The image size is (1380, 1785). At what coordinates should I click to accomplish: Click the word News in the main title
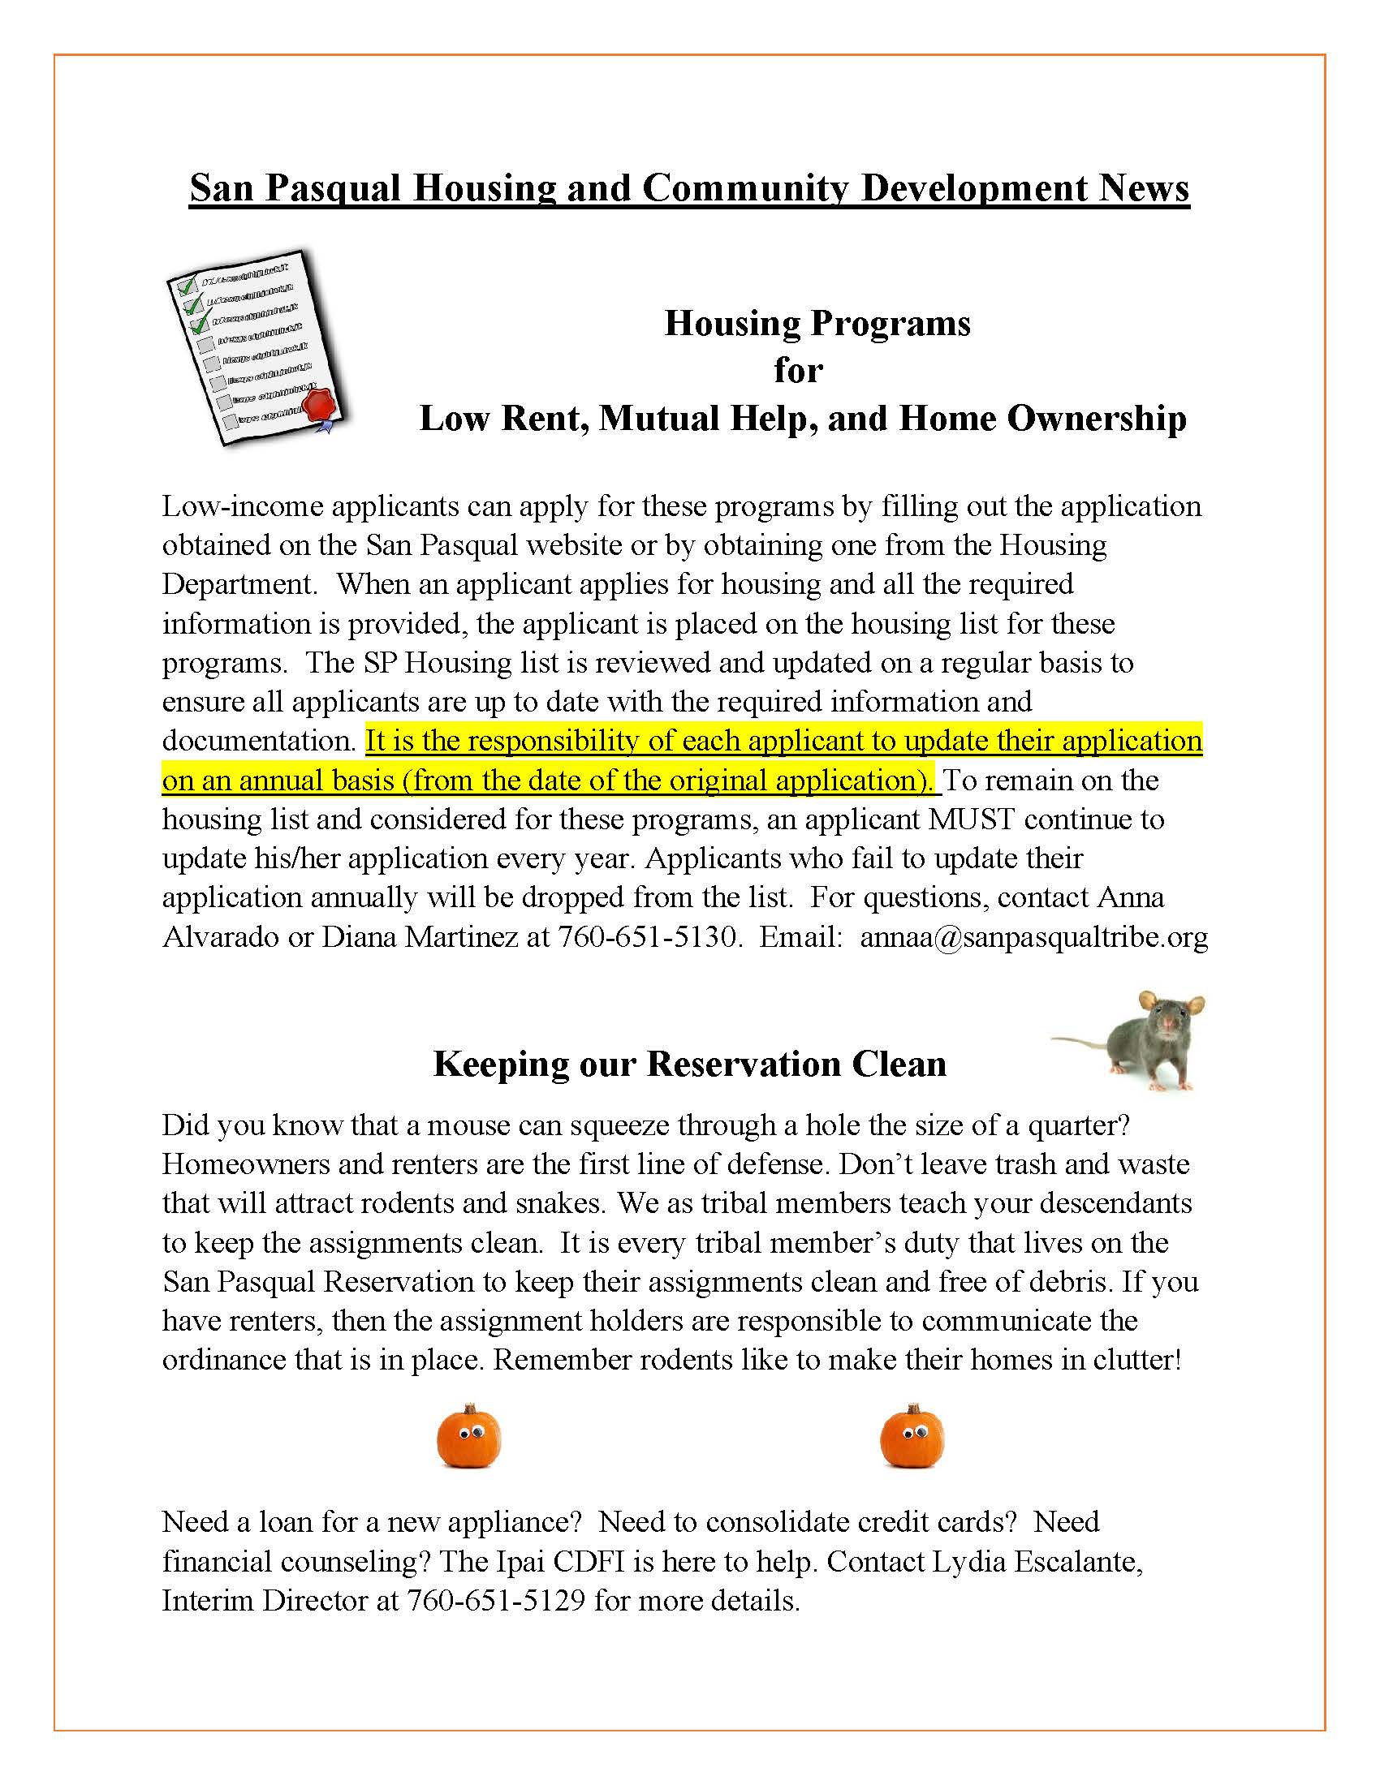coord(1143,188)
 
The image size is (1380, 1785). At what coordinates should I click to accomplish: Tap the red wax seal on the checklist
coord(321,406)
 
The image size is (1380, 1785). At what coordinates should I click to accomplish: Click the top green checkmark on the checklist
coord(188,286)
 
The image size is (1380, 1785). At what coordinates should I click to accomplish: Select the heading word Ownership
coord(1096,419)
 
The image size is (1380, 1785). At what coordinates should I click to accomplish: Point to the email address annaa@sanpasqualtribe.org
coord(1033,936)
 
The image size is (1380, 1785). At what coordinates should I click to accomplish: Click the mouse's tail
coord(1079,1040)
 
